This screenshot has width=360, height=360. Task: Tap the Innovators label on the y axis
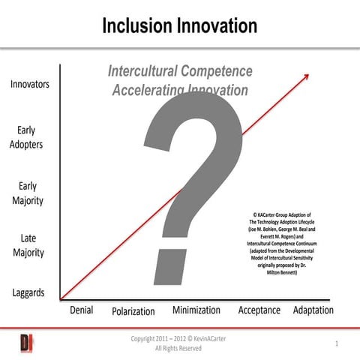[30, 84]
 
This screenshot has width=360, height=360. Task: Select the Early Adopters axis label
[26, 137]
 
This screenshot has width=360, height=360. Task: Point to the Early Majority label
[27, 193]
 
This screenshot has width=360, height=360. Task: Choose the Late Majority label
[27, 245]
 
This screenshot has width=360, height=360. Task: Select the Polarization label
[133, 311]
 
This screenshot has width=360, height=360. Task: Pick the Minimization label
[196, 310]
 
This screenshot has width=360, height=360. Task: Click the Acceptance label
[259, 310]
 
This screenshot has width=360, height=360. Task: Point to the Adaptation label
[313, 310]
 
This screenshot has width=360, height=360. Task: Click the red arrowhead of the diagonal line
[306, 76]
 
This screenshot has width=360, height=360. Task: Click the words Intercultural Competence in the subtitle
[180, 72]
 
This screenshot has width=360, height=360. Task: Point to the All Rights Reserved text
[178, 349]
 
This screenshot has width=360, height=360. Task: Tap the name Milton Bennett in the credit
[282, 273]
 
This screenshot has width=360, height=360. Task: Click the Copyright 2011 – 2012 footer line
[178, 338]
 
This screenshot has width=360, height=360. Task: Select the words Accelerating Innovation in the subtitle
[180, 90]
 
